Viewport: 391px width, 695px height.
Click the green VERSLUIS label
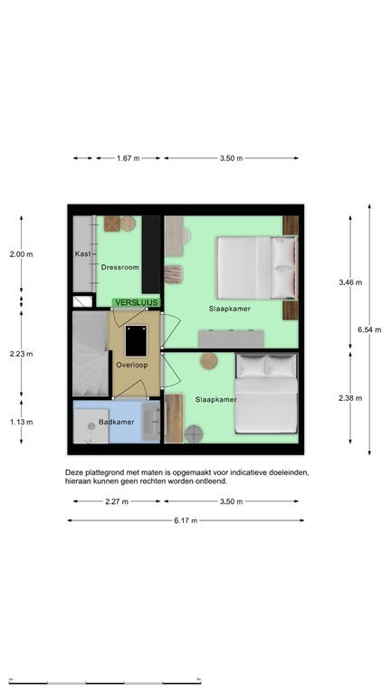click(x=136, y=302)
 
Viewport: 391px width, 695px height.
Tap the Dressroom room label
click(x=119, y=267)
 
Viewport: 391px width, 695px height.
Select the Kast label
click(x=82, y=254)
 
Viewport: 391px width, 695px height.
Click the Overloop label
click(x=131, y=366)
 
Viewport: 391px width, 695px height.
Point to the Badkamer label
click(x=116, y=422)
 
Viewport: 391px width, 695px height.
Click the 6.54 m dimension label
click(x=369, y=329)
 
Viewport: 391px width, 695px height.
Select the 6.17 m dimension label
click(x=186, y=520)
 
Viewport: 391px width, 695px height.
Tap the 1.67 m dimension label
click(x=129, y=158)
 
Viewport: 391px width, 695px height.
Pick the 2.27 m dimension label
click(x=117, y=501)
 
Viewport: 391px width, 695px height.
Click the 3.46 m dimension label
click(x=350, y=282)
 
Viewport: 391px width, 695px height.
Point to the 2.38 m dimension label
click(x=350, y=398)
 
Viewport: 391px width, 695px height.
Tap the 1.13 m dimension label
click(x=22, y=422)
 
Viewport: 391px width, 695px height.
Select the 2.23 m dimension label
click(x=22, y=354)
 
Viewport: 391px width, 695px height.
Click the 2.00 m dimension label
click(x=22, y=254)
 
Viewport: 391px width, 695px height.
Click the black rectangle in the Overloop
click(x=136, y=341)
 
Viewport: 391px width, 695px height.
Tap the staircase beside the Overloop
click(x=91, y=353)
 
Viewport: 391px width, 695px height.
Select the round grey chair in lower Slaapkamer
click(x=194, y=434)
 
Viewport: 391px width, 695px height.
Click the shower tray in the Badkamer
click(x=91, y=426)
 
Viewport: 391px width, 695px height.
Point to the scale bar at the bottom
click(x=105, y=682)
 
